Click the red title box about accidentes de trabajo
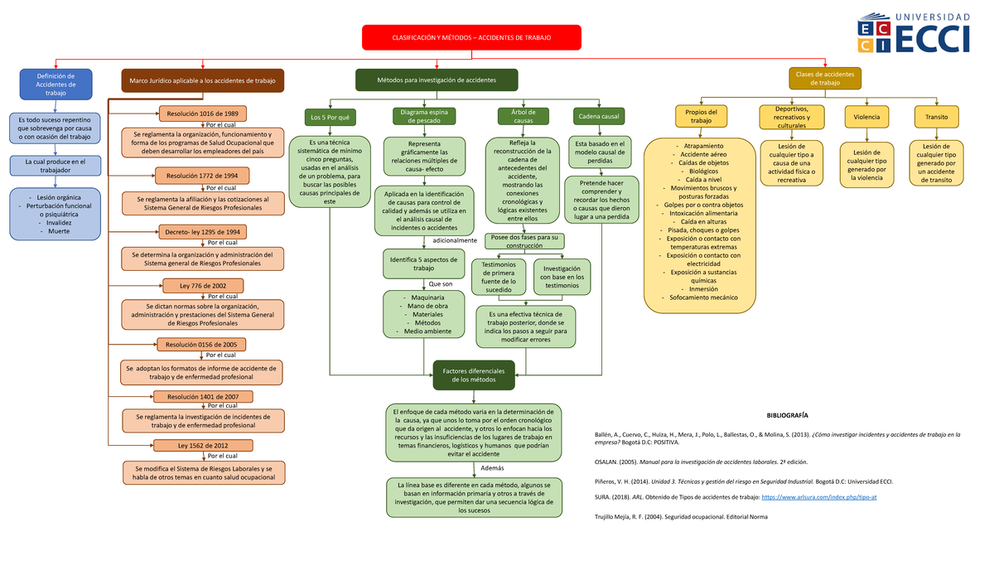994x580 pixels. (471, 37)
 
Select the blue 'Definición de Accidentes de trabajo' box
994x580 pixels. (55, 85)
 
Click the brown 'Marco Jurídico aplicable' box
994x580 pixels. (202, 80)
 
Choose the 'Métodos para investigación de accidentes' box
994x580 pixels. (437, 80)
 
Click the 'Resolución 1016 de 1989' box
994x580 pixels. (202, 114)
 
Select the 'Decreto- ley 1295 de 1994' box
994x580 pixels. (202, 233)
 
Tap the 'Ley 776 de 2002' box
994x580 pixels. (202, 286)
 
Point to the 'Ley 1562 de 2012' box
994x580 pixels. (202, 446)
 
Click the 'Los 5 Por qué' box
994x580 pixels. (330, 117)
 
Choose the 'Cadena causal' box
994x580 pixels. (599, 117)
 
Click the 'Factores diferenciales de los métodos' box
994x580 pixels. (474, 375)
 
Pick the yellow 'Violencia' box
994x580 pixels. (866, 117)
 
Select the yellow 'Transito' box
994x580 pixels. (937, 117)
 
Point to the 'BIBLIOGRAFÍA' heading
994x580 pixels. (787, 415)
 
